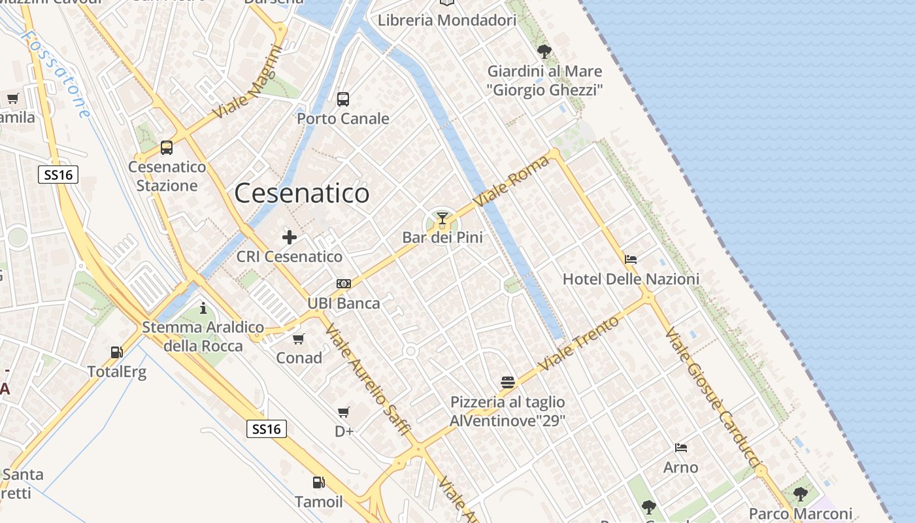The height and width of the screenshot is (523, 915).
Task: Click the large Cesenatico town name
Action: coord(301,194)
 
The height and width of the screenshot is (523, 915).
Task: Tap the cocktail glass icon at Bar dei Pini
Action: coord(442,218)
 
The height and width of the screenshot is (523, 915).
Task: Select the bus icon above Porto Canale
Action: coord(343,99)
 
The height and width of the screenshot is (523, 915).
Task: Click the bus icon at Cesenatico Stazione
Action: coord(167,148)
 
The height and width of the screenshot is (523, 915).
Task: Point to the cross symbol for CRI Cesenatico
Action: coord(290,237)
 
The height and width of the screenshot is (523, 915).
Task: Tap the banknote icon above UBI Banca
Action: coord(344,284)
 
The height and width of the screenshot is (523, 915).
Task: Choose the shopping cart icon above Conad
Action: coord(299,339)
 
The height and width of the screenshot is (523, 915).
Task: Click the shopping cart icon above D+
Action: coord(344,412)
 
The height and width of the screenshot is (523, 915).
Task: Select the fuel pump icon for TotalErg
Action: coord(117,352)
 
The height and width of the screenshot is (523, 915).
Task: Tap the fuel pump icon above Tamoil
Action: coord(318,482)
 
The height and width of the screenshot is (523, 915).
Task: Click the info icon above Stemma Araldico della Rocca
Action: coord(203,308)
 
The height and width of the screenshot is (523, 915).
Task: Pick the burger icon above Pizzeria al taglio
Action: coord(508,382)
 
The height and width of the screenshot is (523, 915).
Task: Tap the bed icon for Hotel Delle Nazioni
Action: coord(631,260)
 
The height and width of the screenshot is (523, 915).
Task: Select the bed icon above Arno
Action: coord(681,448)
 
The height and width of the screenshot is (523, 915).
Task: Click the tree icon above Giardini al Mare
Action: coord(544,51)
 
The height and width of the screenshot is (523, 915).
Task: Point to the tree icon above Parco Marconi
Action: coord(801,494)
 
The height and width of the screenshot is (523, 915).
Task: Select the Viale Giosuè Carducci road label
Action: coord(714,405)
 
